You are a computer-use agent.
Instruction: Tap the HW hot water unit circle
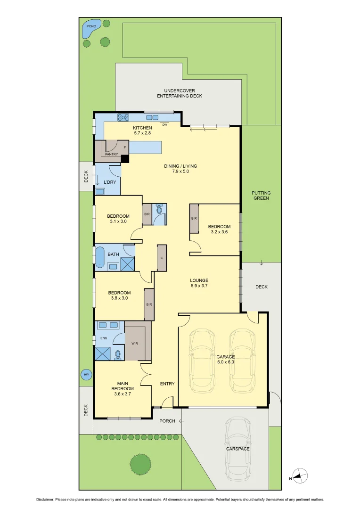click(x=86, y=375)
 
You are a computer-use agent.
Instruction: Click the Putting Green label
click(x=261, y=196)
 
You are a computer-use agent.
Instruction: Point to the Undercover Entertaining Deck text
click(x=180, y=93)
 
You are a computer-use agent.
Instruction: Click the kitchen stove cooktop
click(x=123, y=118)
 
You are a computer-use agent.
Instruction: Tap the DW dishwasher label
click(x=164, y=125)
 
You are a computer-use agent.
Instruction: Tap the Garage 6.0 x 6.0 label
click(x=225, y=360)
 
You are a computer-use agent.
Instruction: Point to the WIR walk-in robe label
click(x=135, y=344)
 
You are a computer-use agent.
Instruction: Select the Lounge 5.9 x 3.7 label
click(x=199, y=283)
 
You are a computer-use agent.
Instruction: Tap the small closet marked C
click(x=162, y=258)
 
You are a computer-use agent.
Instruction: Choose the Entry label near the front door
click(x=167, y=384)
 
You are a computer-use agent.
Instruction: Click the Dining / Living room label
click(x=180, y=169)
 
